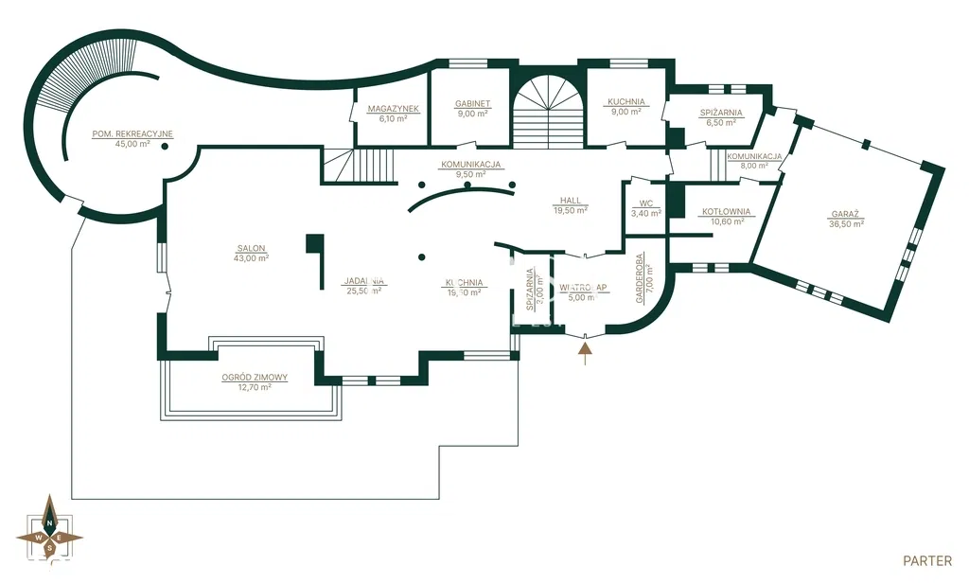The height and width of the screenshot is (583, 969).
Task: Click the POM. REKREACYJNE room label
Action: click(x=132, y=133)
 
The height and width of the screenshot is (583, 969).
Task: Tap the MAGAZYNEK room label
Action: click(x=393, y=109)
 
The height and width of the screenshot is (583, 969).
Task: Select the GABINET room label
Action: click(x=472, y=103)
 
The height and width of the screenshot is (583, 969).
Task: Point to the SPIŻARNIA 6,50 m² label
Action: click(x=721, y=113)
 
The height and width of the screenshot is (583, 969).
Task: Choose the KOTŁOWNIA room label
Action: click(x=726, y=212)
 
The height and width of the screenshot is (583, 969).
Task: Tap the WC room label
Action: click(x=646, y=203)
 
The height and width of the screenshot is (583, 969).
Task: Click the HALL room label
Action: click(x=571, y=201)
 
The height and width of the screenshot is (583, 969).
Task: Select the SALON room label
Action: click(x=253, y=249)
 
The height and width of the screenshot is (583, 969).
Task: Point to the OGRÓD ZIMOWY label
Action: click(x=255, y=377)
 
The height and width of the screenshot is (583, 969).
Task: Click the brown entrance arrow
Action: click(x=586, y=352)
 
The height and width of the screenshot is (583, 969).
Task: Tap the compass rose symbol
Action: click(x=49, y=531)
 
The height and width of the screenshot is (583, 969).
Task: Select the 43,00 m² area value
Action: click(x=253, y=258)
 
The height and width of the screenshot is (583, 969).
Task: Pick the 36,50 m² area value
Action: click(x=845, y=225)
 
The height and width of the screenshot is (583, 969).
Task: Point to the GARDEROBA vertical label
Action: click(x=640, y=278)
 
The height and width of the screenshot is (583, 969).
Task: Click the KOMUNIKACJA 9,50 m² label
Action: click(x=470, y=164)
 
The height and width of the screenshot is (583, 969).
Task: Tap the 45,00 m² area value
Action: click(x=132, y=144)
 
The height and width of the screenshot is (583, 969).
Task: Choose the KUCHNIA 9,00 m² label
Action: click(x=626, y=102)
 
